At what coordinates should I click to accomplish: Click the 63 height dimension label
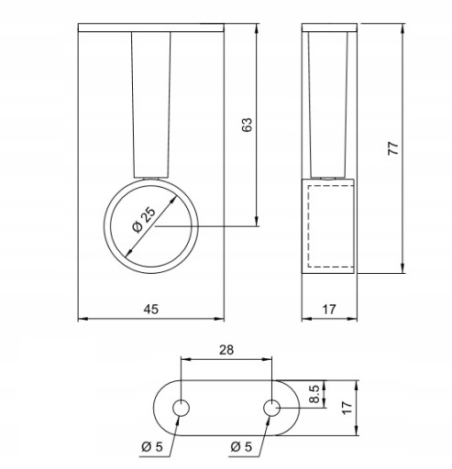(x=248, y=125)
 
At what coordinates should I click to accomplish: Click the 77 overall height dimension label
(x=393, y=148)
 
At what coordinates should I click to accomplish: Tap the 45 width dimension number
(x=151, y=309)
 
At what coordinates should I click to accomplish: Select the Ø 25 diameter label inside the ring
(x=143, y=220)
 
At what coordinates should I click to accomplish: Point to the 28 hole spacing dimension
(x=226, y=350)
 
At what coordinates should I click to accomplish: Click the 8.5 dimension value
(x=314, y=394)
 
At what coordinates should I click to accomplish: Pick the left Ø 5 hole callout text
(x=152, y=447)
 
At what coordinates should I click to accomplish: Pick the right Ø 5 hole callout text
(x=241, y=447)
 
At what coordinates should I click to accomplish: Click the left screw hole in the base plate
(x=181, y=408)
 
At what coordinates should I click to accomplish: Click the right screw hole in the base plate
(x=271, y=408)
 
